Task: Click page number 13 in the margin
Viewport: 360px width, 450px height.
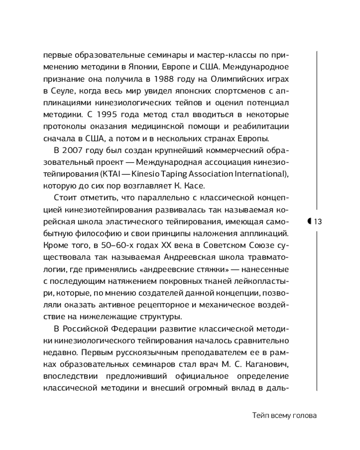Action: [317, 221]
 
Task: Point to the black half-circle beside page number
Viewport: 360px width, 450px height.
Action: [309, 221]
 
